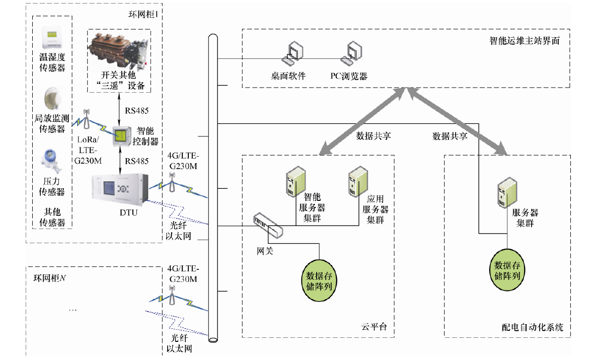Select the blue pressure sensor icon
point(51,160)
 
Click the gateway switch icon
point(268,225)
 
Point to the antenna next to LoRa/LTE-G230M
point(86,117)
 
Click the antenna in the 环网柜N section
point(172,297)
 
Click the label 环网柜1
point(143,15)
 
